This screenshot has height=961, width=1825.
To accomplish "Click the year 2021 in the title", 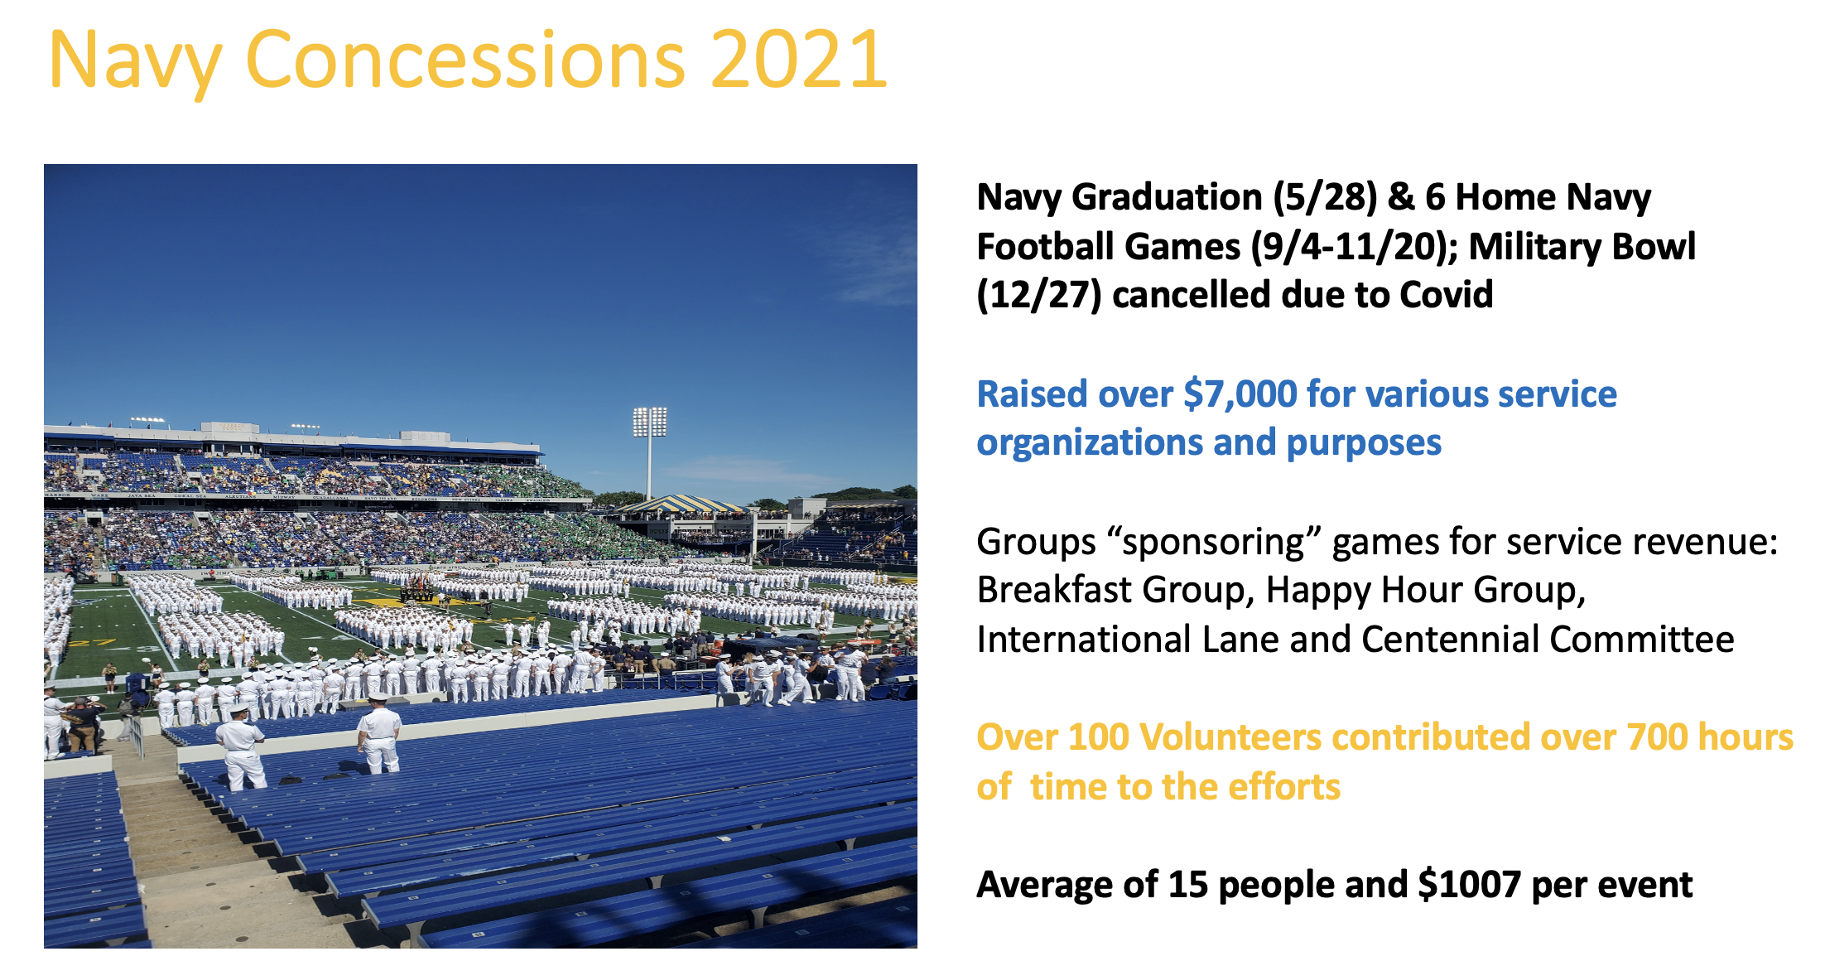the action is (799, 59).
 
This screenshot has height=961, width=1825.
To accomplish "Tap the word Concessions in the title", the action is (465, 59).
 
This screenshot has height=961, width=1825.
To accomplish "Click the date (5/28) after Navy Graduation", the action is (1325, 197).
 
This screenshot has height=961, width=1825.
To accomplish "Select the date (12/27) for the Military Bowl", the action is (1039, 295).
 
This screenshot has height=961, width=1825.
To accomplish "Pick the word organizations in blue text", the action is (1090, 444).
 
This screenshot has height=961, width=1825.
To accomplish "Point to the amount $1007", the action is (1469, 885).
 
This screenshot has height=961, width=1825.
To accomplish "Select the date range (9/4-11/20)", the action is (1354, 247).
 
